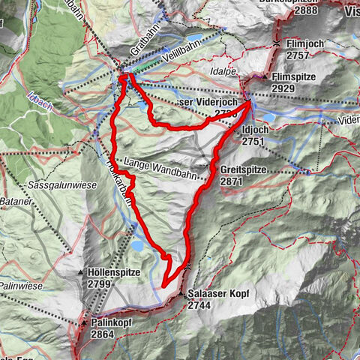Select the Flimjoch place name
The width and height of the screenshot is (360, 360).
click(x=304, y=44)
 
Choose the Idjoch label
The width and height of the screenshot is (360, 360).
click(x=257, y=129)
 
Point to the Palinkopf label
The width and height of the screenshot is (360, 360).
click(x=113, y=322)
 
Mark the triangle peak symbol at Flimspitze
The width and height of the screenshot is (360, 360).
click(x=265, y=76)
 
